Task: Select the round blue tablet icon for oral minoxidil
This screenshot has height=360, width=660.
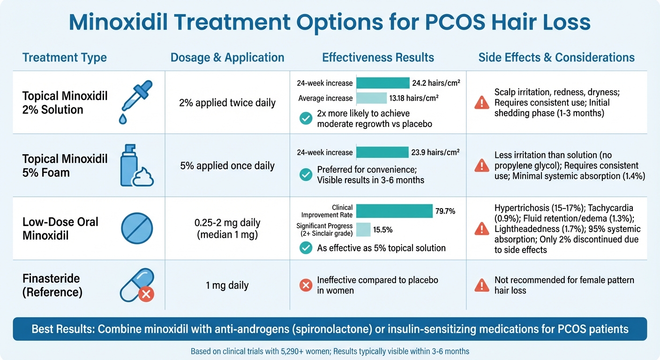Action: pyautogui.click(x=137, y=229)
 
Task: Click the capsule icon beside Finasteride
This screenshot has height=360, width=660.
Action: pyautogui.click(x=137, y=285)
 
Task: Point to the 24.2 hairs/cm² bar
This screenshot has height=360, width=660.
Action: pyautogui.click(x=382, y=83)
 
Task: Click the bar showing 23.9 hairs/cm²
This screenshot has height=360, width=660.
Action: pyautogui.click(x=382, y=152)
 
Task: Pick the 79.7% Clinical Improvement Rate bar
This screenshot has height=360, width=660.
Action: pyautogui.click(x=394, y=211)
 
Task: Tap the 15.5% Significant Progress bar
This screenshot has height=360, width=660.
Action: pyautogui.click(x=363, y=230)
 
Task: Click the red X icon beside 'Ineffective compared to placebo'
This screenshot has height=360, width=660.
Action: pyautogui.click(x=306, y=285)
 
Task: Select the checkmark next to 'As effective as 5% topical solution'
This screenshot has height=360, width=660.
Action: pyautogui.click(x=306, y=248)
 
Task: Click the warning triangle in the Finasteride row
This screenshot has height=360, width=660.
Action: pyautogui.click(x=481, y=285)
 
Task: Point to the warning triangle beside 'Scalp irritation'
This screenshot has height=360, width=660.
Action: pyautogui.click(x=481, y=102)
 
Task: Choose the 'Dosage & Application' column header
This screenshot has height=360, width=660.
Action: pyautogui.click(x=227, y=58)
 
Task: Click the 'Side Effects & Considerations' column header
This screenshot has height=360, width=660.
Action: pyautogui.click(x=556, y=58)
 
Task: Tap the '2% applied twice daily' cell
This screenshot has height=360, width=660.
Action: pyautogui.click(x=227, y=103)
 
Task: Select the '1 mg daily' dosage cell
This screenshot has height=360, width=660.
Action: pyautogui.click(x=227, y=285)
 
